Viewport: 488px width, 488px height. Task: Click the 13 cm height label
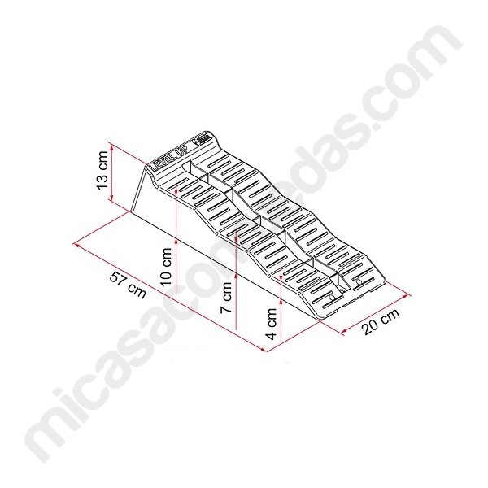coord(102,170)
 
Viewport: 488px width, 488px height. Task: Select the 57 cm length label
coord(128,285)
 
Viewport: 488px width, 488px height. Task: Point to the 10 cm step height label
coord(166,267)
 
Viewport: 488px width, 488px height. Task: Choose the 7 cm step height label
coord(226,298)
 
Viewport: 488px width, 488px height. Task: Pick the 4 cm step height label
coord(271,324)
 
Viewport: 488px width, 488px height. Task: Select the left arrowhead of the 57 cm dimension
coord(76,245)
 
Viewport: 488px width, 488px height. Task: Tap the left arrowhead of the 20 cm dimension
coord(344,332)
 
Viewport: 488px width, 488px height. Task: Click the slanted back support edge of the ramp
coord(138,189)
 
